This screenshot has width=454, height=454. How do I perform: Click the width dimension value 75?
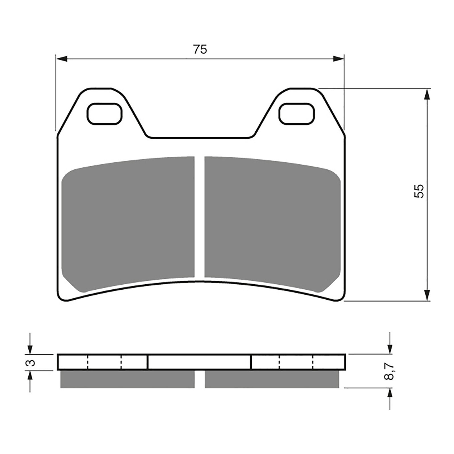pyautogui.click(x=200, y=49)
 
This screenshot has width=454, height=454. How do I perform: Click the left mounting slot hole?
pyautogui.click(x=104, y=113)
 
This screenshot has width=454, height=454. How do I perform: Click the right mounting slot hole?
pyautogui.click(x=297, y=113)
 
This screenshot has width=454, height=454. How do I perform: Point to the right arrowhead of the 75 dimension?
pyautogui.click(x=338, y=59)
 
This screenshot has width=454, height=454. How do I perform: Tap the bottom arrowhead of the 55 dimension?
pyautogui.click(x=427, y=295)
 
